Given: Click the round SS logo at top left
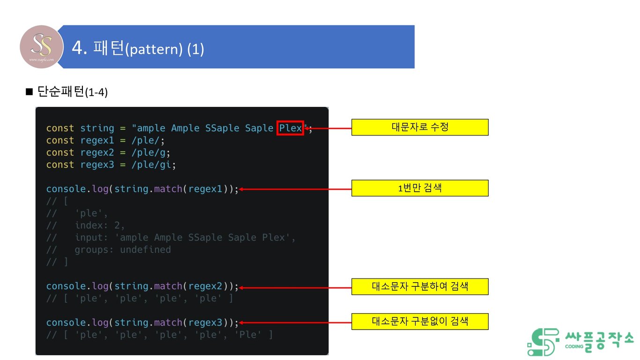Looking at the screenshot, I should click(41, 47).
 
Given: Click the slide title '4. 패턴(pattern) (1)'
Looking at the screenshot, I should click(138, 48).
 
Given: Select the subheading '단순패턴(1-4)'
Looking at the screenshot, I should click(72, 92).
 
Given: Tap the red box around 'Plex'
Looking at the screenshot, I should click(290, 128).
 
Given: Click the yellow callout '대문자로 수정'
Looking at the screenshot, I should click(420, 127).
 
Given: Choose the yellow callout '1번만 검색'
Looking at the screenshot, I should click(420, 188).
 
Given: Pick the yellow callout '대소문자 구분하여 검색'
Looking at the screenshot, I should click(420, 286).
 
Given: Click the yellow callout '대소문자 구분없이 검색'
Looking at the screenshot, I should click(420, 321).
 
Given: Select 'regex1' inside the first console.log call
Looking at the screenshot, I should click(205, 189).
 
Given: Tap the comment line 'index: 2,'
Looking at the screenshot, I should click(100, 225).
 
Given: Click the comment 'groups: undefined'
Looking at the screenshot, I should click(123, 249).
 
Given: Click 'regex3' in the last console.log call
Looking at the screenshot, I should click(205, 322).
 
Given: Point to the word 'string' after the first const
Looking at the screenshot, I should click(97, 128).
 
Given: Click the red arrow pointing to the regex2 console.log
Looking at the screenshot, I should click(295, 287).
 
